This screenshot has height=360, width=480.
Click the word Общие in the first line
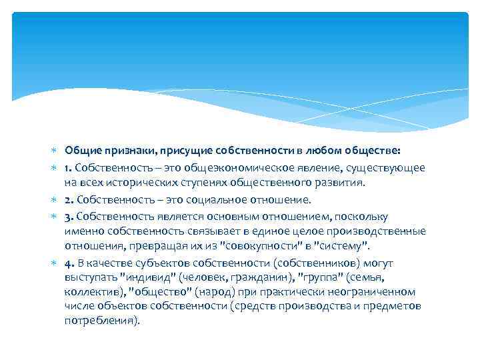point(82,152)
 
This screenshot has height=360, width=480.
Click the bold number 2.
point(67,199)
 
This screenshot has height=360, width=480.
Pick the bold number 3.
point(67,217)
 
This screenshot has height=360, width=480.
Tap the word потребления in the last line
point(98,321)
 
